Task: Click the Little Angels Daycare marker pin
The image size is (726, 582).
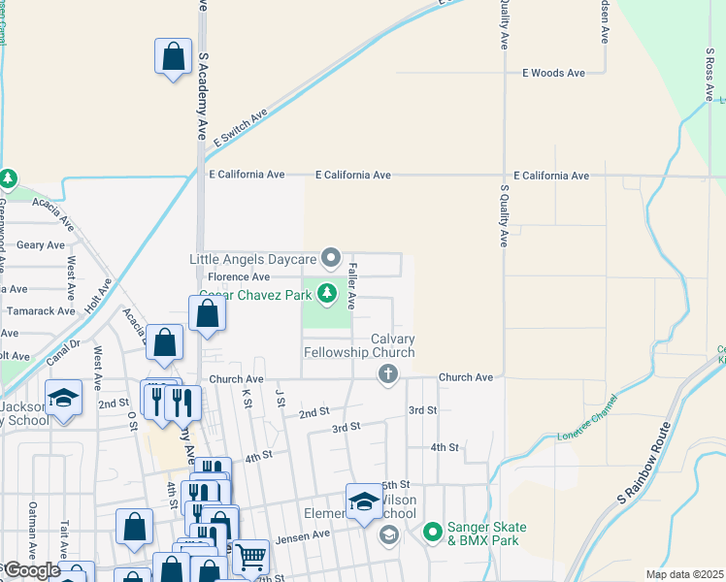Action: point(331,258)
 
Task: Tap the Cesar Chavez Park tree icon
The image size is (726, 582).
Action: point(328,292)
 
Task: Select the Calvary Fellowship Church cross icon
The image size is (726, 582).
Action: point(387,374)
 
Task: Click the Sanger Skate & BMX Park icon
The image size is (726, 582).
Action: point(432,532)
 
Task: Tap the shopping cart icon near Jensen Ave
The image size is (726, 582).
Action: point(250,557)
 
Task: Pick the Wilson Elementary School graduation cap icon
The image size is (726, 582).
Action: point(364,501)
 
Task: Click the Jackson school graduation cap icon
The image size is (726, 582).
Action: point(64,398)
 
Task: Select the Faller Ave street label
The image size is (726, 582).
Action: point(353,286)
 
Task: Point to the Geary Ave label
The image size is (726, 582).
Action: point(40,246)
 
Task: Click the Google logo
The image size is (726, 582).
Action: point(31,570)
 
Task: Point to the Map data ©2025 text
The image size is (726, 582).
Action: point(684,574)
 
